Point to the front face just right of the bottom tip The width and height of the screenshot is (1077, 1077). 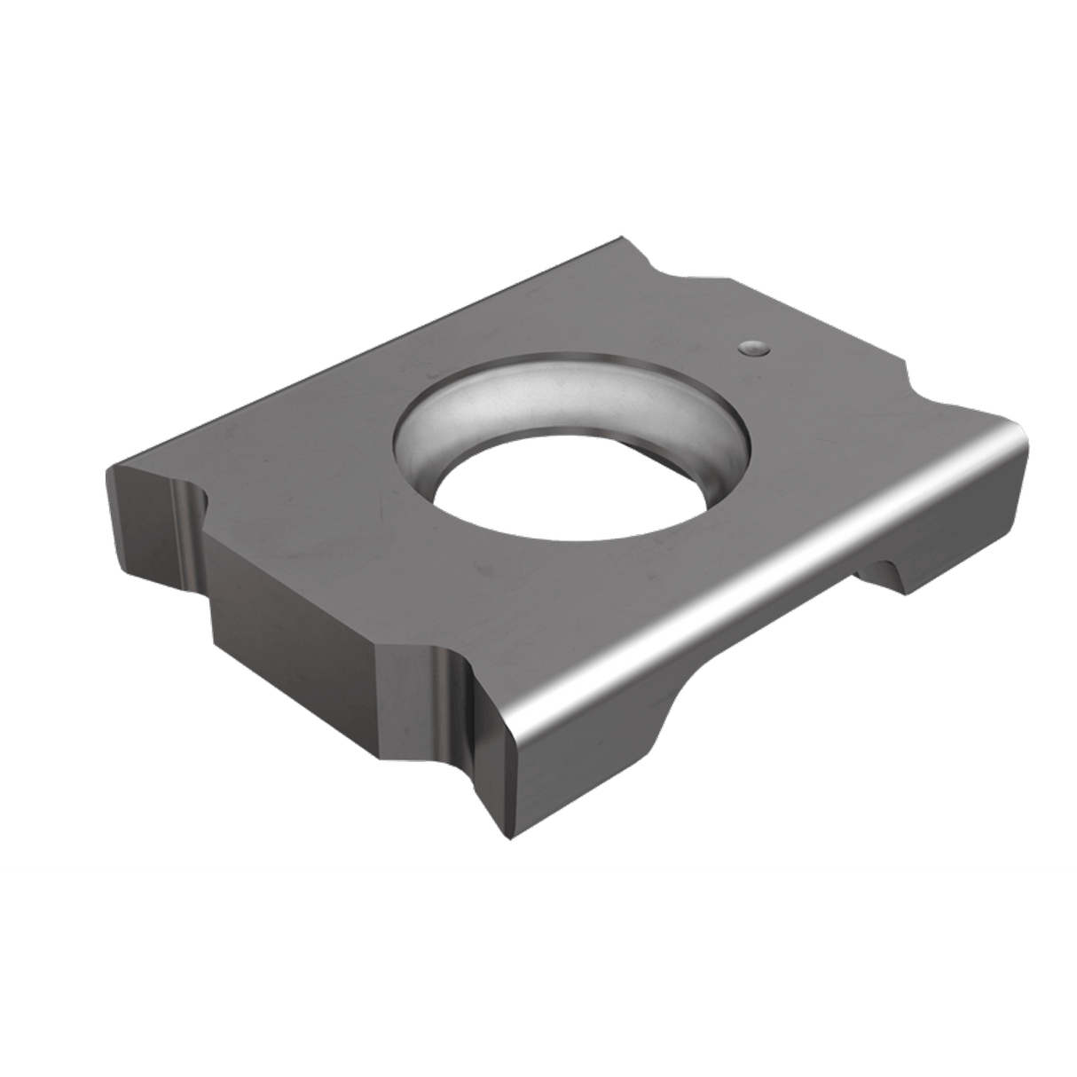(x=577, y=745)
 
